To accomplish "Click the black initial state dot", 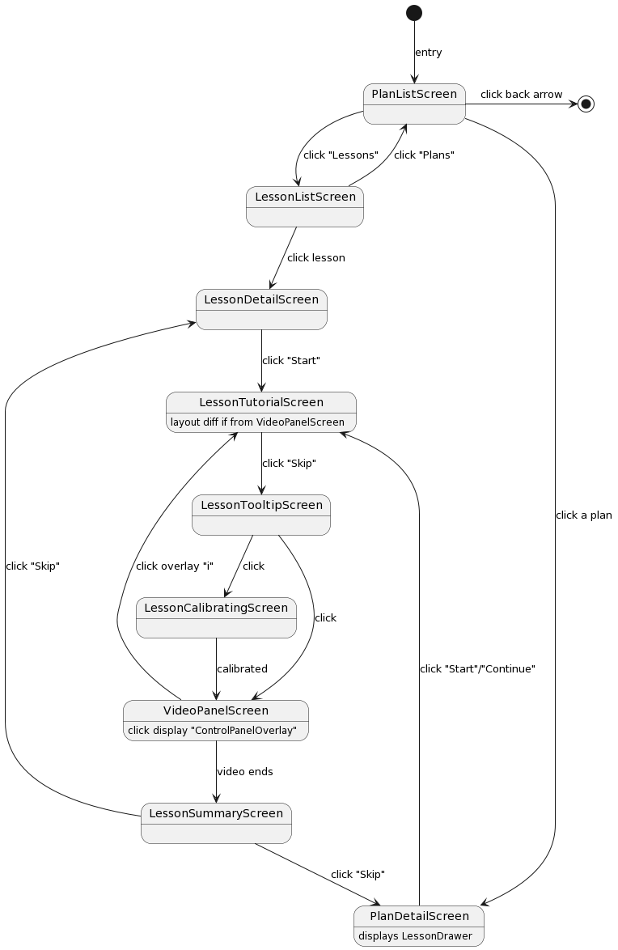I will [x=414, y=12].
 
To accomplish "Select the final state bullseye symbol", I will [x=586, y=104].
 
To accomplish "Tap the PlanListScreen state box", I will [x=414, y=104].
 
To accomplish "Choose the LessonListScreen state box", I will [x=305, y=206].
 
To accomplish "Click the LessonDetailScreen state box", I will [x=261, y=309].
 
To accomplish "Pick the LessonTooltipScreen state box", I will [x=261, y=515].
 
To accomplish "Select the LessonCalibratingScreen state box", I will [x=216, y=617].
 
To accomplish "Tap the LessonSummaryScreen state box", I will [x=216, y=823].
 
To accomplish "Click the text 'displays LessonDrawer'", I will [x=415, y=936].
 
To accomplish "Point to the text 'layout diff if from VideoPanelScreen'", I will [x=257, y=422].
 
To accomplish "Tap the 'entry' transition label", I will [x=428, y=53].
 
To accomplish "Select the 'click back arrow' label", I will [x=521, y=95].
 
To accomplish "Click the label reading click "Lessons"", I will [x=341, y=155].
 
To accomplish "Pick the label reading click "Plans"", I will [x=424, y=155].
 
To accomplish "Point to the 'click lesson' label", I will [x=315, y=258].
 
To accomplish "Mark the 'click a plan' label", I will [x=583, y=515].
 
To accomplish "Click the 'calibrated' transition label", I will [x=242, y=669].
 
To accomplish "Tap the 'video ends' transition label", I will [x=244, y=772].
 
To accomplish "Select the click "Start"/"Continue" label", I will [x=477, y=669].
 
